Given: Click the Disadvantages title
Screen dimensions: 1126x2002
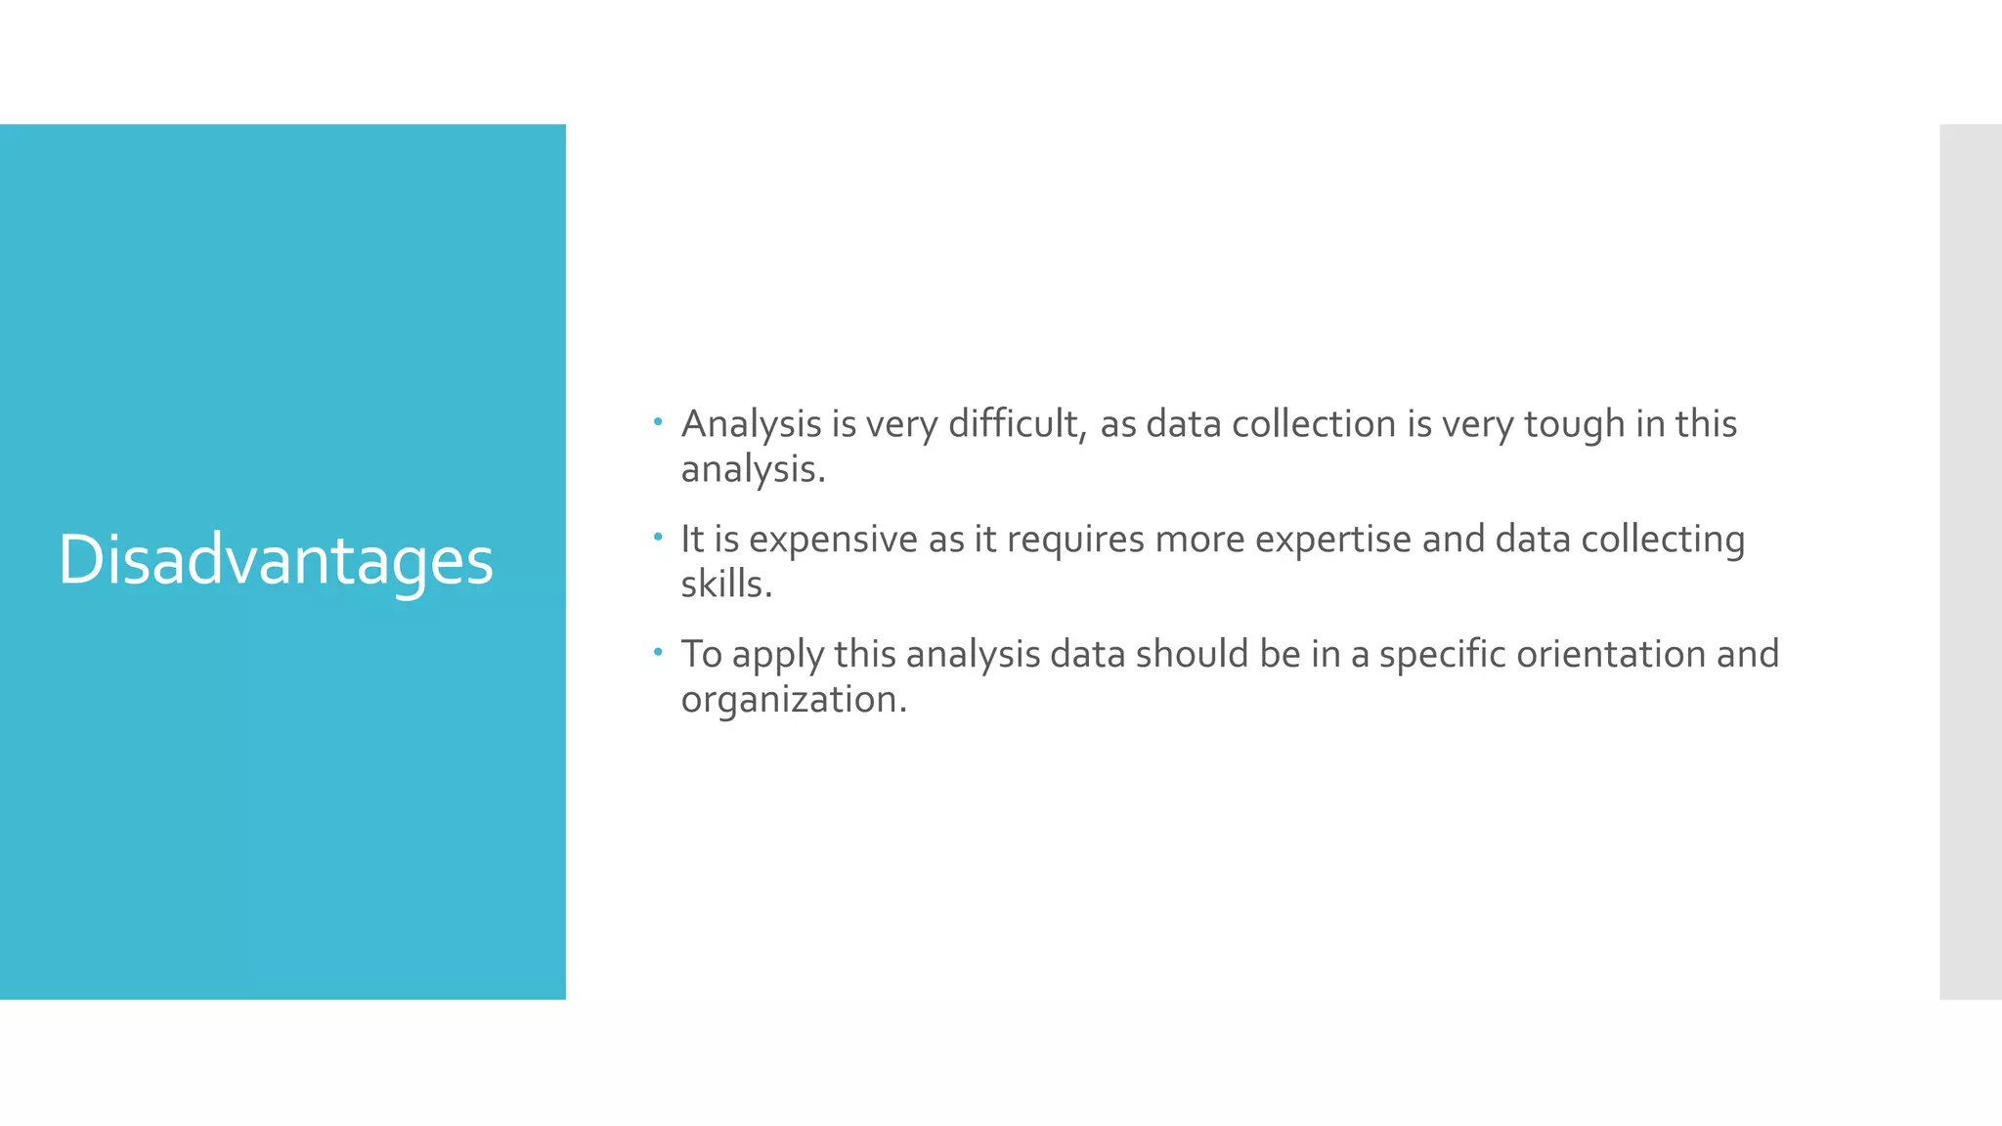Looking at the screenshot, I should tap(276, 560).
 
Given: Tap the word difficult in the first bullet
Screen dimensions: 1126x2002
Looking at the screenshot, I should tap(1017, 424).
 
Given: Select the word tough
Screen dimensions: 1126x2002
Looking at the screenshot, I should tap(1574, 424).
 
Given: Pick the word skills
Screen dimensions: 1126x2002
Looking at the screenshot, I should tap(725, 585).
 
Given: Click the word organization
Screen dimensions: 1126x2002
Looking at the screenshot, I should tap(793, 700).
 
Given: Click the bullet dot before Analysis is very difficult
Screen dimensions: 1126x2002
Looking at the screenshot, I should tap(658, 422).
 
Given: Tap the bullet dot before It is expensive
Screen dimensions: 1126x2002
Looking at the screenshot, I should tap(658, 537).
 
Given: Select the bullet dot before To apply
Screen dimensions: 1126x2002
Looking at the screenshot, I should tap(658, 651).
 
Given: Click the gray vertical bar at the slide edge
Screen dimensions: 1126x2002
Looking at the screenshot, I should tap(1970, 561).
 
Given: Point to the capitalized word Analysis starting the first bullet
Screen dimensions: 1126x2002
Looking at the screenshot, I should tap(751, 424).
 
